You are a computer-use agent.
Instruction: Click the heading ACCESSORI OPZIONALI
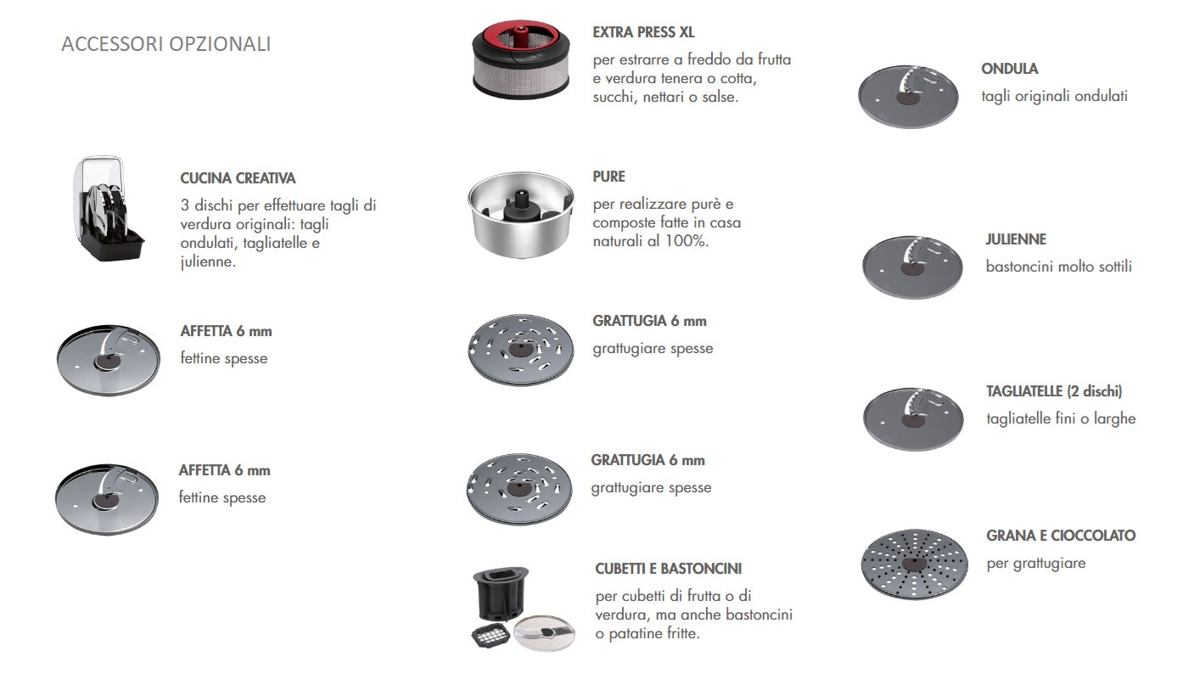(166, 44)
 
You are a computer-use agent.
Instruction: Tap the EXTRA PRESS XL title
(643, 33)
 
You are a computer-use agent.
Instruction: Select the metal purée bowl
(521, 211)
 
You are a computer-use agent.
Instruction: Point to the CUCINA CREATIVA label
(238, 178)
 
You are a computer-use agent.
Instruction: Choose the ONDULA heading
(1009, 69)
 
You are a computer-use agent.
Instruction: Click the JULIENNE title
(1015, 239)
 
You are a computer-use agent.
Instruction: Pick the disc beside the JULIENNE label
(912, 267)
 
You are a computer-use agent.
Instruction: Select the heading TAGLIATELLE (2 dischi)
(1054, 391)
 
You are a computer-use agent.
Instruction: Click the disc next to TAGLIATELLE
(913, 418)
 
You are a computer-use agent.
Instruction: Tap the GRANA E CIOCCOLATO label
(1060, 536)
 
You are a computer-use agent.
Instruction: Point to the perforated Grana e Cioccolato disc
(913, 564)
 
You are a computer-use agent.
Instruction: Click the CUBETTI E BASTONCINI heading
(668, 569)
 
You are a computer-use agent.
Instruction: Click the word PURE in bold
(608, 177)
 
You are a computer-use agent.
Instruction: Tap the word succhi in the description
(613, 97)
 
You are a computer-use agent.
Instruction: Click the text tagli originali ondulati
(1054, 96)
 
